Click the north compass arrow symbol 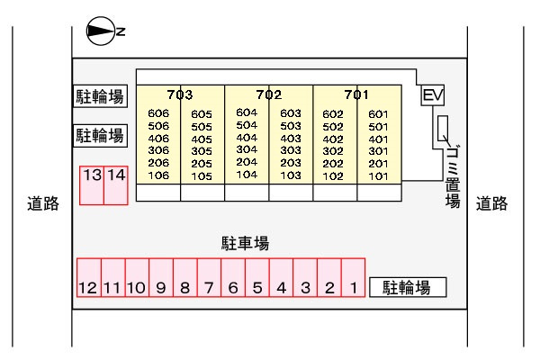pyautogui.click(x=101, y=31)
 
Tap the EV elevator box pyautogui.click(x=433, y=95)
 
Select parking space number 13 pyautogui.click(x=92, y=185)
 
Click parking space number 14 pyautogui.click(x=116, y=185)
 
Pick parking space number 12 pyautogui.click(x=89, y=277)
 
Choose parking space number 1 pyautogui.click(x=354, y=277)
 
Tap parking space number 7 pyautogui.click(x=209, y=277)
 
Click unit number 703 pyautogui.click(x=180, y=94)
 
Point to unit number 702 pyautogui.click(x=268, y=94)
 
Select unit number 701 pyautogui.click(x=356, y=94)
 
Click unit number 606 pyautogui.click(x=158, y=113)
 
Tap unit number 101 pyautogui.click(x=378, y=176)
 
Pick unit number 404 pyautogui.click(x=247, y=138)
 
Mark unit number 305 pyautogui.click(x=202, y=151)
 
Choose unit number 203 pyautogui.click(x=291, y=163)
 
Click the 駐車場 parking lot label pyautogui.click(x=245, y=243)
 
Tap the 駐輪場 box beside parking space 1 pyautogui.click(x=408, y=287)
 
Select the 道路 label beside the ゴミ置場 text pyautogui.click(x=491, y=203)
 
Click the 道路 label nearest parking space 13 pyautogui.click(x=43, y=203)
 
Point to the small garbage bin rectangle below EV pyautogui.click(x=443, y=129)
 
